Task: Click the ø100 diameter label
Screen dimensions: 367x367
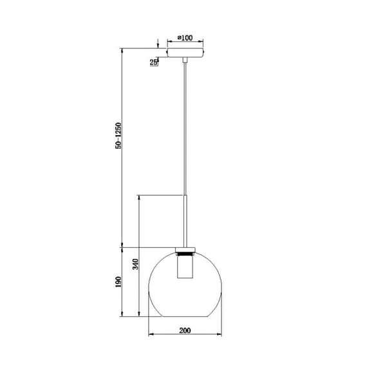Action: [185, 37]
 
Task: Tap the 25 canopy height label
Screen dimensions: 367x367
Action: [153, 62]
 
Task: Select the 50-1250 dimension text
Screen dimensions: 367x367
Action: [118, 136]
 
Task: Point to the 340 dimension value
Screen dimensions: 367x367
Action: [136, 264]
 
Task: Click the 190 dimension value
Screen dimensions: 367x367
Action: [118, 282]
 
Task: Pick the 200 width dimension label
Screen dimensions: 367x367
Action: [185, 330]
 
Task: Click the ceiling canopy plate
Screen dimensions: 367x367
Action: [185, 53]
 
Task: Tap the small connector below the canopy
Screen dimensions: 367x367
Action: [185, 60]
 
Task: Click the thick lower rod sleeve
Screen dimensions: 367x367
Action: [185, 221]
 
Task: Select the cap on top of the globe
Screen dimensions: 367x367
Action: [185, 250]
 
